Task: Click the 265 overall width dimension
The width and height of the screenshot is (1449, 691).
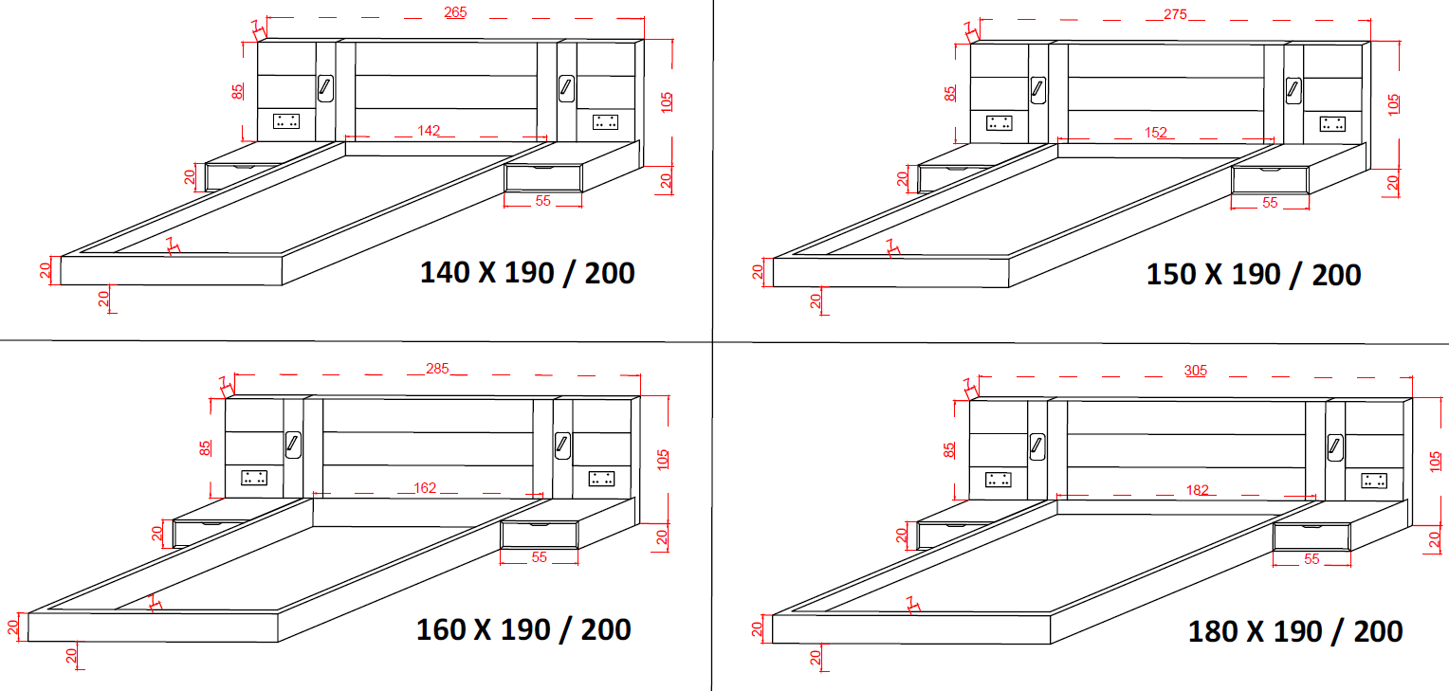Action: click(x=455, y=12)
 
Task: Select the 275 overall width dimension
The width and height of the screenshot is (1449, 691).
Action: click(x=1175, y=14)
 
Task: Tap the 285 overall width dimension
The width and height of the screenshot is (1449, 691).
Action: click(x=437, y=369)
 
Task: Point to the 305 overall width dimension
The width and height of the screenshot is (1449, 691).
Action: click(x=1196, y=371)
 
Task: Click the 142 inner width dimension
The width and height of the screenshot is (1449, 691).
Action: click(x=429, y=131)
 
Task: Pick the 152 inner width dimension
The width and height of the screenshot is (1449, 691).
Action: click(x=1155, y=133)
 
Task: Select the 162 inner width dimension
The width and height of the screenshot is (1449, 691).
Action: click(x=425, y=488)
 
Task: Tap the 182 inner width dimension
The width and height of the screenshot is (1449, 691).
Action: click(x=1198, y=490)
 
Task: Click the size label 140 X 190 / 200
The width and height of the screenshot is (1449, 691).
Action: click(x=527, y=273)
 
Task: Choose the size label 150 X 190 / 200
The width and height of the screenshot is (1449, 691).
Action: click(x=1254, y=275)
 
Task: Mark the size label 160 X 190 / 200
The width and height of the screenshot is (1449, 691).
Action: click(x=523, y=629)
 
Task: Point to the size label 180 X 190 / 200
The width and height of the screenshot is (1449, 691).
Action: click(x=1295, y=631)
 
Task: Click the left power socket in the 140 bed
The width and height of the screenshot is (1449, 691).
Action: click(x=286, y=121)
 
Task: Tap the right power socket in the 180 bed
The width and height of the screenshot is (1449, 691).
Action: click(x=1374, y=481)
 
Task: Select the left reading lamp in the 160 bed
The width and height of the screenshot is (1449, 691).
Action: click(x=293, y=445)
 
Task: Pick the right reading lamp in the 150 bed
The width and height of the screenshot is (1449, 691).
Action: click(x=1293, y=90)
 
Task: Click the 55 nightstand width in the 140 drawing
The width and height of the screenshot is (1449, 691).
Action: click(x=542, y=201)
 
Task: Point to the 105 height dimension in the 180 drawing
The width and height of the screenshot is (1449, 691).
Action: click(x=1435, y=462)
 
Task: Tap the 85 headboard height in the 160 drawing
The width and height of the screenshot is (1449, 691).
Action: click(x=205, y=448)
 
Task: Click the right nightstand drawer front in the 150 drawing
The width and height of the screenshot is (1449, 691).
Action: click(x=1271, y=180)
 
